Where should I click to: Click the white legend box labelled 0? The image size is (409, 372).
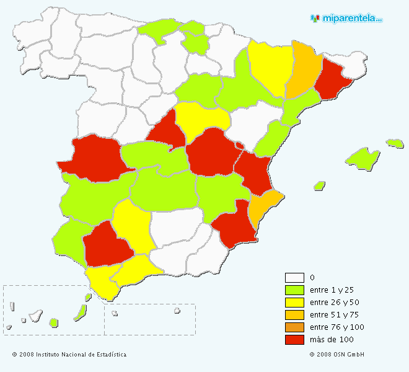pyautogui.click(x=294, y=278)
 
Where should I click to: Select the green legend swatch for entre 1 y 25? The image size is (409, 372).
pyautogui.click(x=294, y=290)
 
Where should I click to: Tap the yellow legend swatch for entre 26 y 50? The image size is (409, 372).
pyautogui.click(x=294, y=303)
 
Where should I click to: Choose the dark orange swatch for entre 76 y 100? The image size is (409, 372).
pyautogui.click(x=294, y=327)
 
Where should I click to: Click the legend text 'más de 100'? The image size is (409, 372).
pyautogui.click(x=331, y=340)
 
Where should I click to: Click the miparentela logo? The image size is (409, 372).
pyautogui.click(x=346, y=19)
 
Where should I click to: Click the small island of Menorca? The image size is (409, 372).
pyautogui.click(x=395, y=143)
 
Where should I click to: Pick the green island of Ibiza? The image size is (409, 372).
pyautogui.click(x=319, y=185)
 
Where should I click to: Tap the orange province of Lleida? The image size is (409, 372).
pyautogui.click(x=303, y=68)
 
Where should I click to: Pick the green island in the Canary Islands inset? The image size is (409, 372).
pyautogui.click(x=54, y=322)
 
